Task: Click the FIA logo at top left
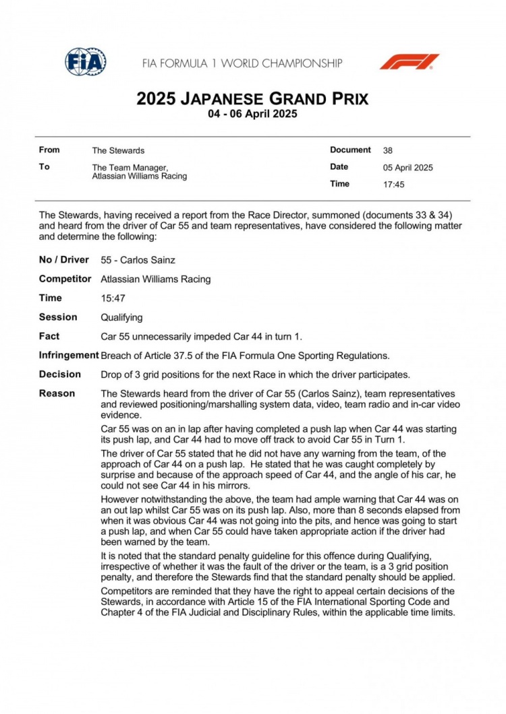(x=85, y=62)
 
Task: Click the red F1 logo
(x=409, y=62)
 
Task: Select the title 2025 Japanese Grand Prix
(x=252, y=99)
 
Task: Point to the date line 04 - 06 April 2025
(x=252, y=114)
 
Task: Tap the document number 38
(x=388, y=151)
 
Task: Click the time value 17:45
(x=394, y=184)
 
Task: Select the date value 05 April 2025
(x=408, y=168)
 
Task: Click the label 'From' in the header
(x=49, y=150)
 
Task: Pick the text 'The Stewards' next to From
(x=118, y=151)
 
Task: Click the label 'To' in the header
(x=44, y=167)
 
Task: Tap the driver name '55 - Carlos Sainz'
(x=138, y=260)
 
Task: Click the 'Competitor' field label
(x=65, y=279)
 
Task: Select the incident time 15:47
(x=113, y=298)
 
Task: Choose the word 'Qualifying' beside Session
(x=121, y=317)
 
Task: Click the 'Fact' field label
(x=49, y=336)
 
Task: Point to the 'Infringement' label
(x=69, y=355)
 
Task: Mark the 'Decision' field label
(x=59, y=375)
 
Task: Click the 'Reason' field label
(x=57, y=393)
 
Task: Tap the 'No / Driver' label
(x=63, y=260)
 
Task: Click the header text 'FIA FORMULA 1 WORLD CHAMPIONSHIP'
(x=242, y=63)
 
